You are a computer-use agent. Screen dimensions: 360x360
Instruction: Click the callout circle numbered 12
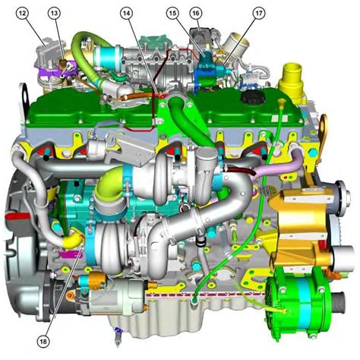coord(23,13)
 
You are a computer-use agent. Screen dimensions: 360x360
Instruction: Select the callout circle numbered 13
coord(55,13)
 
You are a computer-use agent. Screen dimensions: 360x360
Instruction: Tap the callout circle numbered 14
coord(126,13)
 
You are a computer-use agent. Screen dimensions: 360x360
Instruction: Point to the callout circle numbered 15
coord(172,13)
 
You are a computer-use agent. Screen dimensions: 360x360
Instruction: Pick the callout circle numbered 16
coord(196,13)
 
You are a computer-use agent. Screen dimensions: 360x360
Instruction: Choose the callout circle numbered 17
coord(259,13)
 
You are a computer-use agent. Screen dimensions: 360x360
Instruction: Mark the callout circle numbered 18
coord(43,342)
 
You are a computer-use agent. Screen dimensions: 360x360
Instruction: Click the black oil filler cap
coord(253,96)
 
